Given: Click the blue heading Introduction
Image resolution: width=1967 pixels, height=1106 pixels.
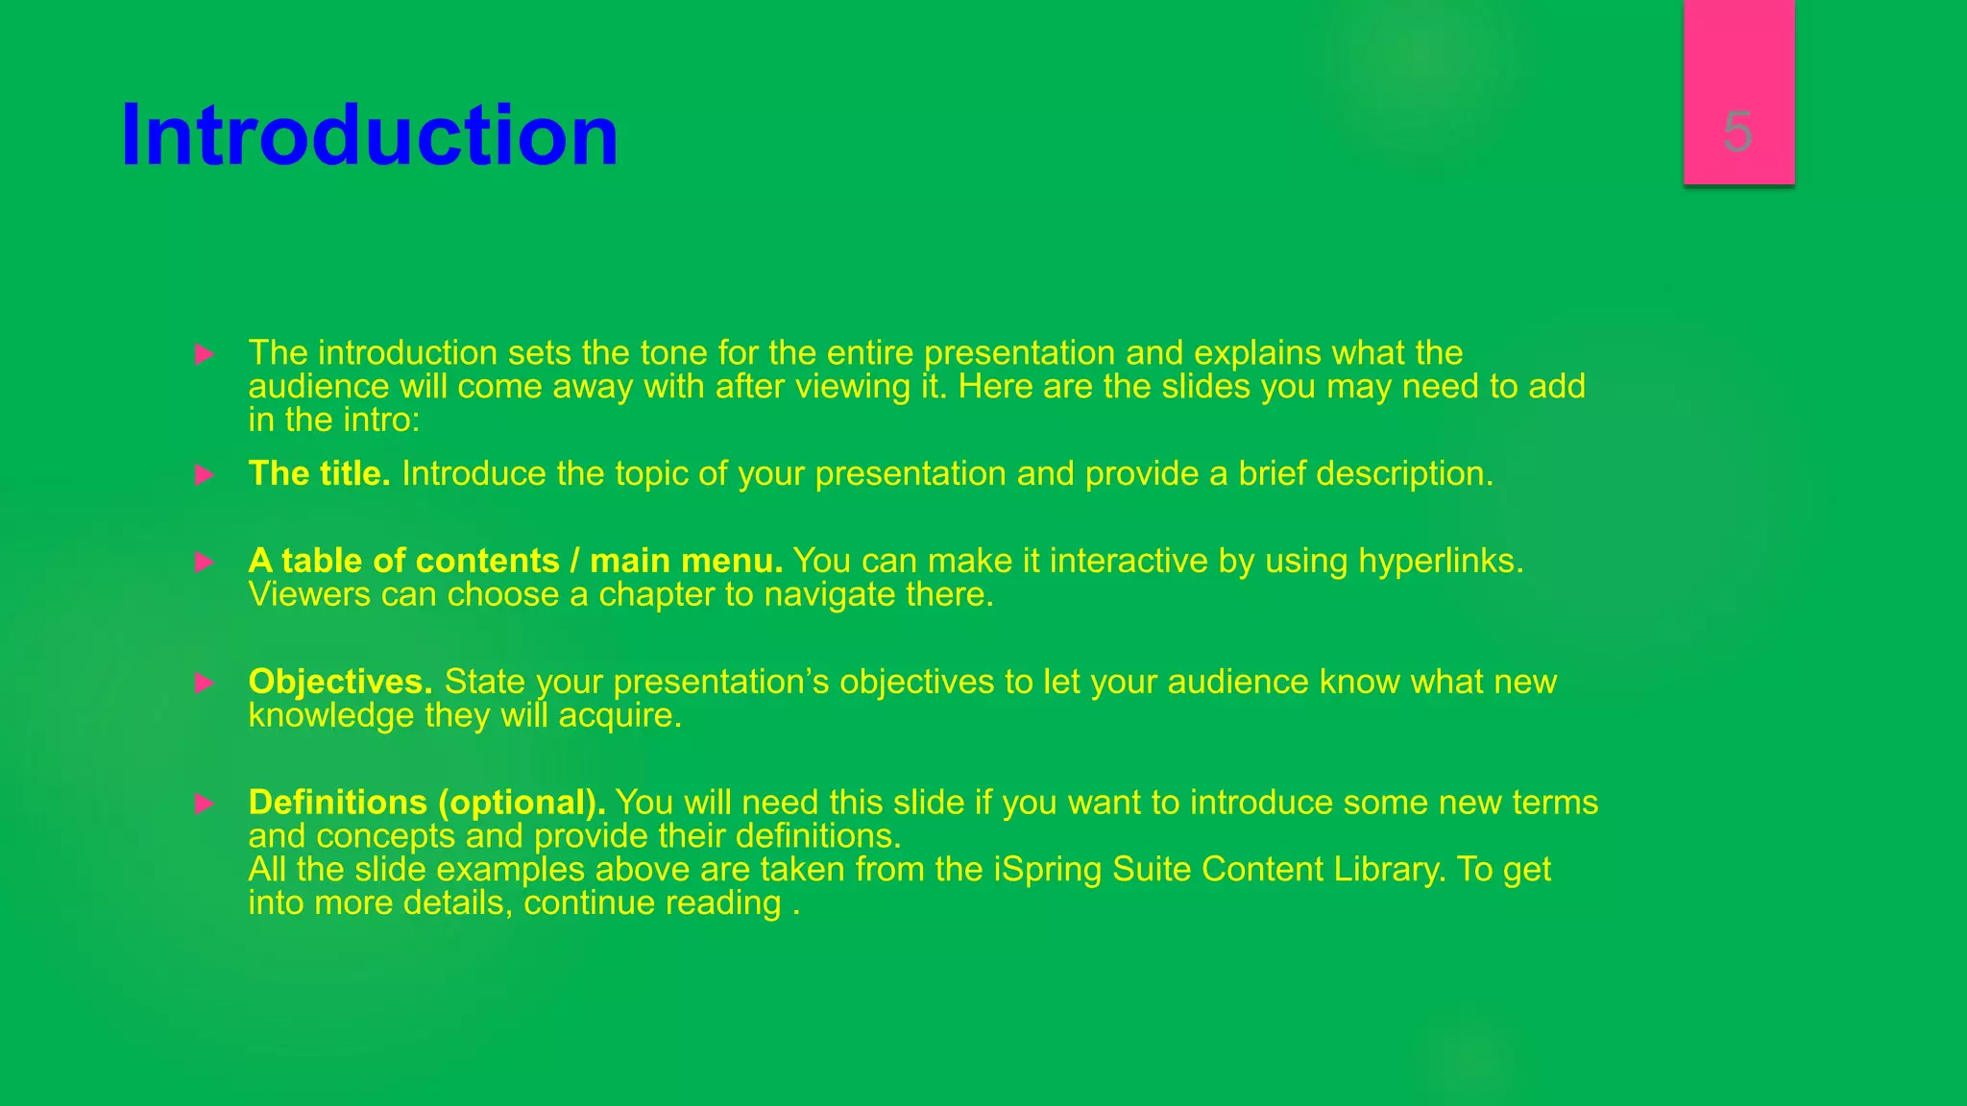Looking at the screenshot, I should (370, 135).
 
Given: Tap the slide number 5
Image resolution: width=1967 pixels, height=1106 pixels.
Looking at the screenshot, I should (1737, 132).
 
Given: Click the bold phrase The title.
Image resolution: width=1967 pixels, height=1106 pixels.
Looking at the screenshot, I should (319, 473).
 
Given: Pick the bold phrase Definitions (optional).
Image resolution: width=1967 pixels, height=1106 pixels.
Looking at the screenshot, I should (426, 802).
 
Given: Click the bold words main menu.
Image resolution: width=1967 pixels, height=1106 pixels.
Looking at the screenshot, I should (686, 560).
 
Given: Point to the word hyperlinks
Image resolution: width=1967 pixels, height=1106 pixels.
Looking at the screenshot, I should (1440, 560).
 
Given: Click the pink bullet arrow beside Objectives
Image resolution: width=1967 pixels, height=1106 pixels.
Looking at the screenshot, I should (205, 683).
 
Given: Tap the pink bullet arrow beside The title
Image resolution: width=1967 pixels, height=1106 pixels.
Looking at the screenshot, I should (205, 474).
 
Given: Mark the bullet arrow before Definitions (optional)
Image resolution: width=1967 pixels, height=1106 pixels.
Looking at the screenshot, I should (205, 804).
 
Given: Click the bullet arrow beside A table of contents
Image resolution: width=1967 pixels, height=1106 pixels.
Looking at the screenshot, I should (205, 562).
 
